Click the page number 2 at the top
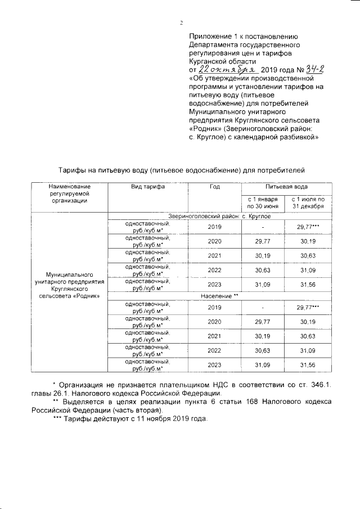pos(181,23)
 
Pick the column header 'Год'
pos(214,186)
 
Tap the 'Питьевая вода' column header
pos(286,186)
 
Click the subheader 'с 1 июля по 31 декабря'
pos(307,202)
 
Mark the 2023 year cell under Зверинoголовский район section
pos(214,285)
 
